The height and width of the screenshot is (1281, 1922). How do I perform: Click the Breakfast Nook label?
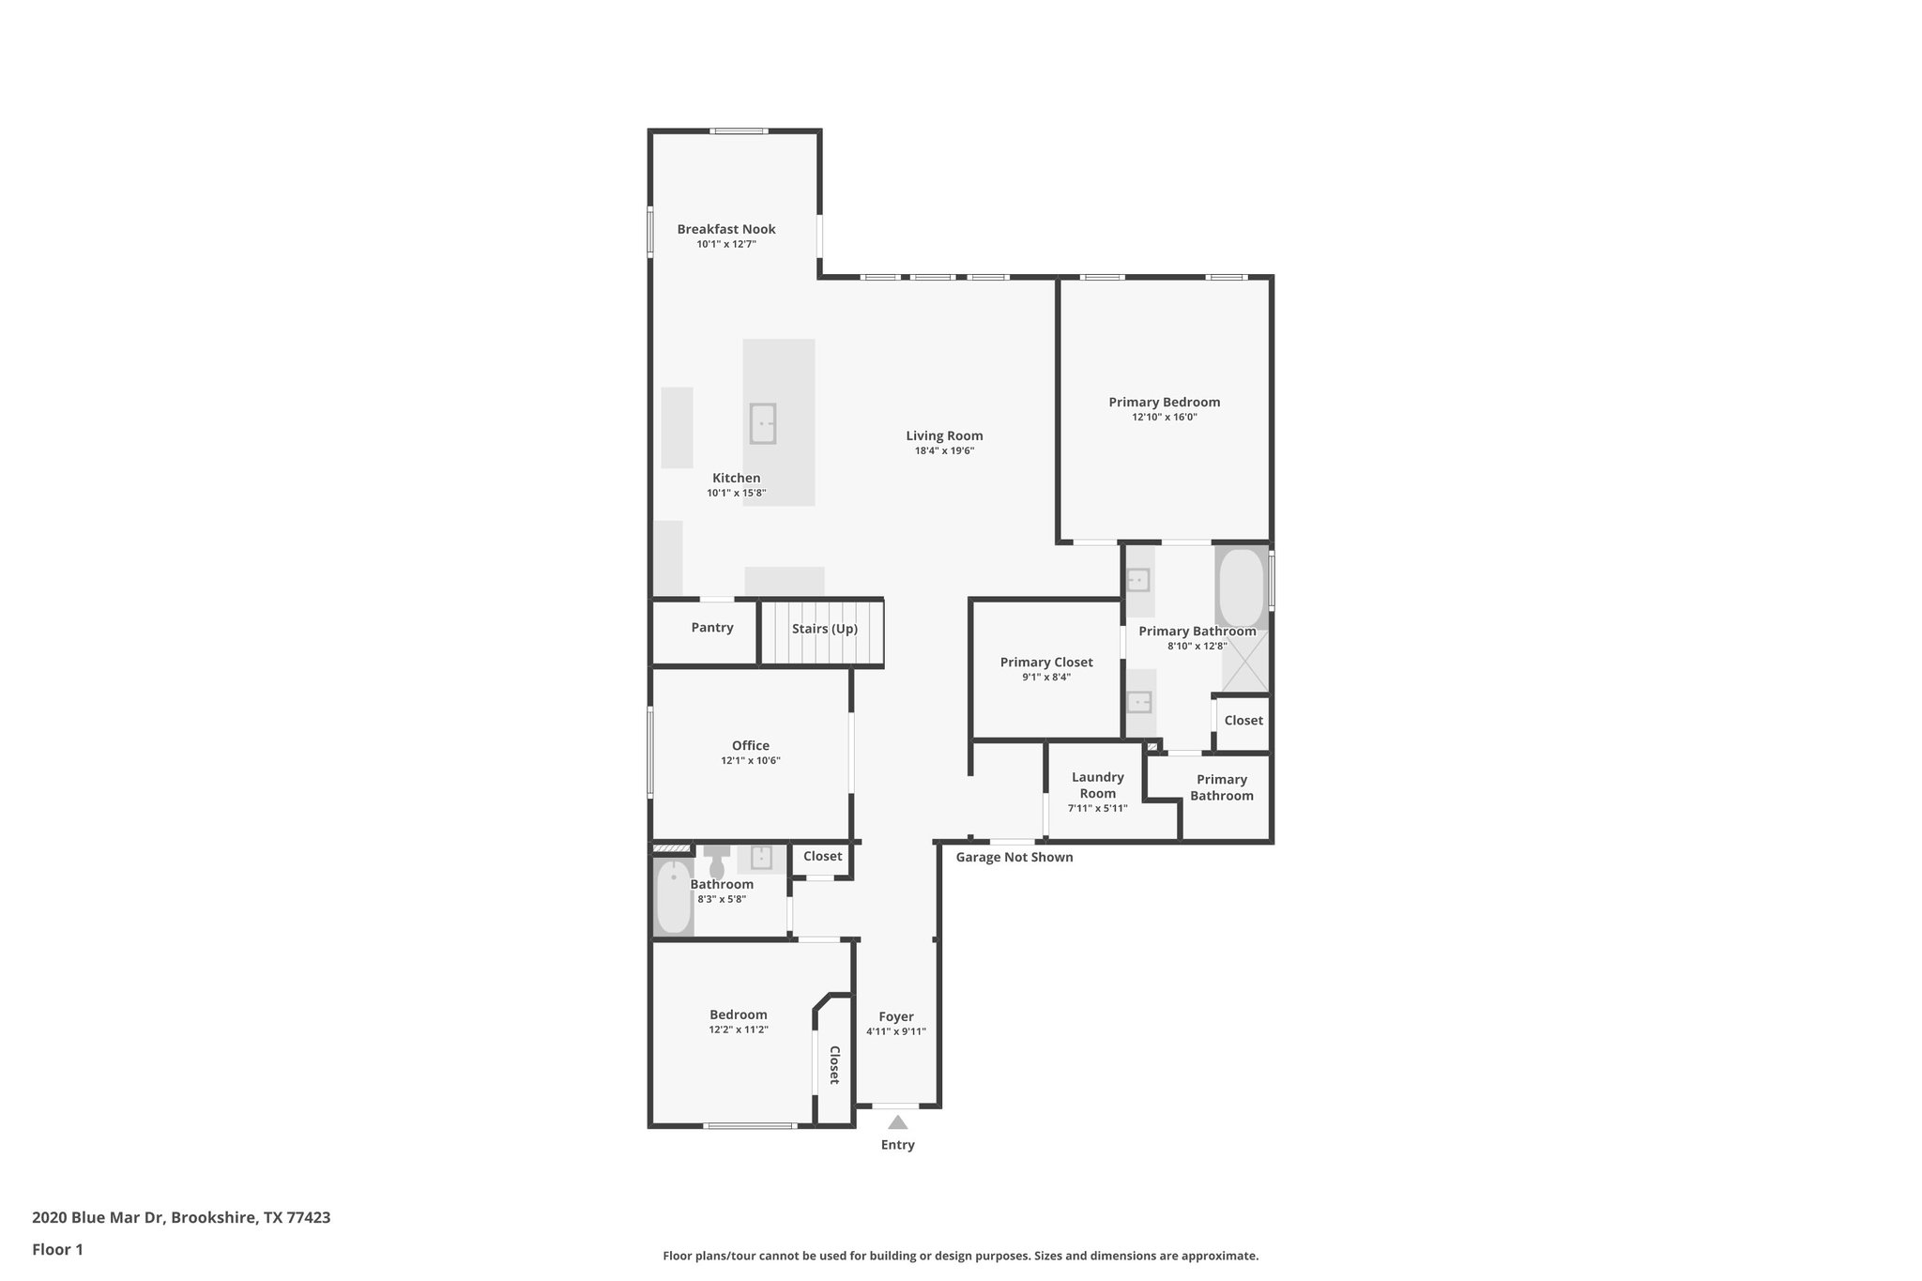(x=725, y=229)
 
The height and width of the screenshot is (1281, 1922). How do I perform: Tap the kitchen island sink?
(x=762, y=423)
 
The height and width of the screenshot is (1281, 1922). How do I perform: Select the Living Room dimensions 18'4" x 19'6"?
(x=944, y=450)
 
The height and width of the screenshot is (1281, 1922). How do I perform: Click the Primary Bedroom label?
(x=1164, y=402)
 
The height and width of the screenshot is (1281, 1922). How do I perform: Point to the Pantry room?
(x=711, y=628)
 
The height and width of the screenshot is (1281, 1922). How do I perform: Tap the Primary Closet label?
(x=1045, y=662)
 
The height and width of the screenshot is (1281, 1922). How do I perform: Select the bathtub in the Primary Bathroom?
(x=1241, y=588)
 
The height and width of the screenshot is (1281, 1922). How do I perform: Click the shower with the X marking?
(x=1244, y=662)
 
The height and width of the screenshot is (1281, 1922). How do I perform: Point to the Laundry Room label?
(x=1097, y=785)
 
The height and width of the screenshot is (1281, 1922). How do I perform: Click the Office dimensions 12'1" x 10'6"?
(x=750, y=760)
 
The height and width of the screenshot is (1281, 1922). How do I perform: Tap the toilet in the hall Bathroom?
(x=717, y=861)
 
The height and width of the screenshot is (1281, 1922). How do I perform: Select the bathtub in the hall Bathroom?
(x=673, y=897)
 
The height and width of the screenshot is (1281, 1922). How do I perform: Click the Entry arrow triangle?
(x=897, y=1122)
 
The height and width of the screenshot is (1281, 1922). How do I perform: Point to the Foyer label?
(x=895, y=1016)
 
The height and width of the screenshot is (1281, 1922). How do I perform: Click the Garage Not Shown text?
(x=1014, y=857)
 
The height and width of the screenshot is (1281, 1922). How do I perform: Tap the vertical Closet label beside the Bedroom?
(x=833, y=1064)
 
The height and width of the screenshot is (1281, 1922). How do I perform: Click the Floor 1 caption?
(x=57, y=1249)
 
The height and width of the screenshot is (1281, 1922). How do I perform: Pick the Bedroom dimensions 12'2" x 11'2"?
(x=738, y=1029)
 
